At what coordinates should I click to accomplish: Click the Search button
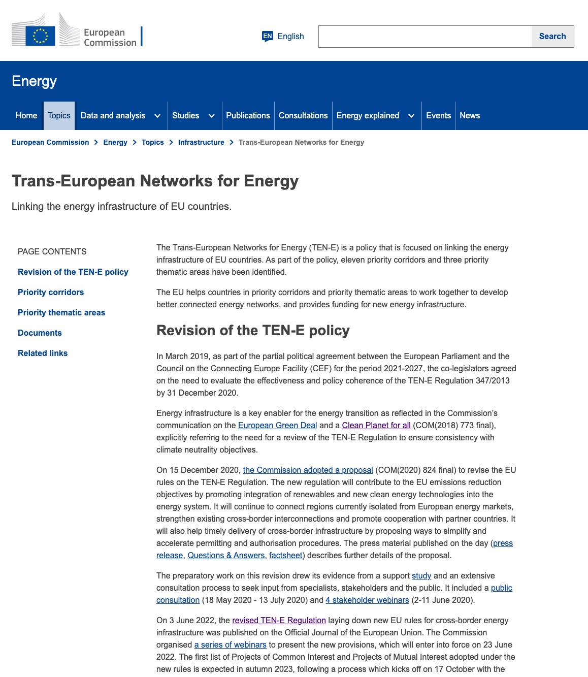point(552,37)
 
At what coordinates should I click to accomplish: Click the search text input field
point(425,37)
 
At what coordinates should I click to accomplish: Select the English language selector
point(283,37)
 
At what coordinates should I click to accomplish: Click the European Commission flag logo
point(40,36)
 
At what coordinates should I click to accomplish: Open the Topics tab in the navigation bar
point(59,116)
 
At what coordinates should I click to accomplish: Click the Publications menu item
point(248,116)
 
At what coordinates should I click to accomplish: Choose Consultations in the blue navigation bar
point(303,116)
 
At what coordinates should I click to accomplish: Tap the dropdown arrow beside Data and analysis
point(157,116)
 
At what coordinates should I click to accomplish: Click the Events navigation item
point(438,116)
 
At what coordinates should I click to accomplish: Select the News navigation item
point(470,116)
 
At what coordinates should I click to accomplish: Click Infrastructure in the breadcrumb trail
point(201,142)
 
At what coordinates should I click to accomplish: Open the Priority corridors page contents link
point(51,293)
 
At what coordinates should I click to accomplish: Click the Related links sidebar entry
point(43,353)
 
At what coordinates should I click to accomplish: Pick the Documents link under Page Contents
point(40,333)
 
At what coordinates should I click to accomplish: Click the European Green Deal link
point(277,426)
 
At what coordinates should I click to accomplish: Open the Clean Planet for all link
point(376,426)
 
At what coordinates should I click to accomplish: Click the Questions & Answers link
point(226,556)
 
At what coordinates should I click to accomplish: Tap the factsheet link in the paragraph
point(286,556)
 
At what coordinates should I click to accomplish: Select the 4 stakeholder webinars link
point(367,600)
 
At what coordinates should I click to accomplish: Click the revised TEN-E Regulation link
point(279,621)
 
